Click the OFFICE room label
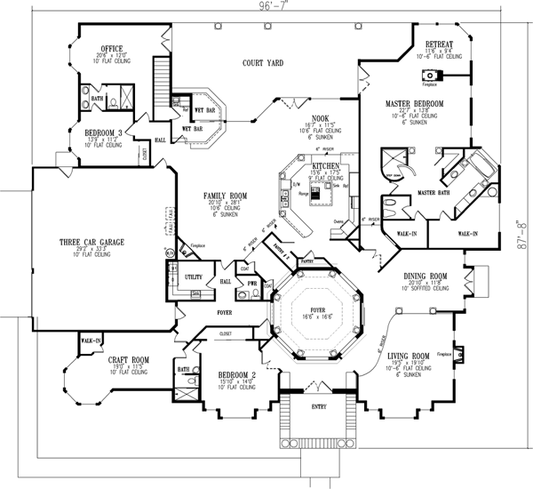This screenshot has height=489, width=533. point(112,48)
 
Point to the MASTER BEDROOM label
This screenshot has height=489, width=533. point(415,104)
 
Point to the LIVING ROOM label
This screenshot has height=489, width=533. point(409,356)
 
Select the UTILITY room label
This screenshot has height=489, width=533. point(195,277)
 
